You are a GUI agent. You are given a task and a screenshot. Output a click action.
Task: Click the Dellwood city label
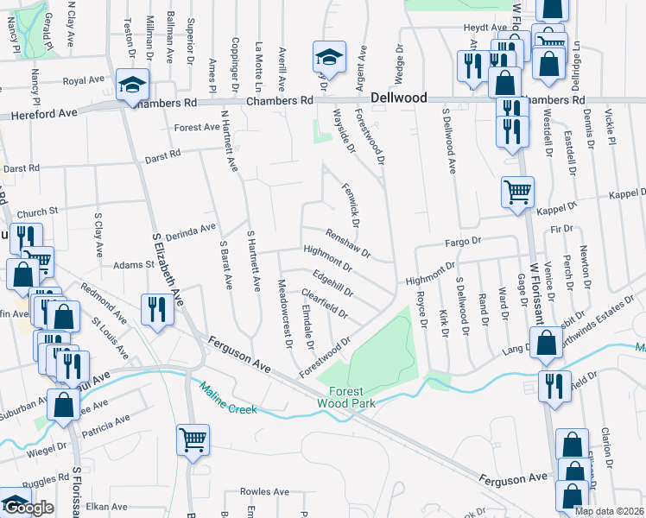click(x=399, y=98)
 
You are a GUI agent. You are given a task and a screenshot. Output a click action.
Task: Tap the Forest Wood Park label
click(x=345, y=396)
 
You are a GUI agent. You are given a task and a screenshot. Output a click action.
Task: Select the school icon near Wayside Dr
click(x=328, y=59)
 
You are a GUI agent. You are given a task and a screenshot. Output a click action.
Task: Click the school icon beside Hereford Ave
click(x=134, y=86)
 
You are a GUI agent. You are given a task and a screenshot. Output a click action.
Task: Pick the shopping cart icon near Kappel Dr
click(x=517, y=192)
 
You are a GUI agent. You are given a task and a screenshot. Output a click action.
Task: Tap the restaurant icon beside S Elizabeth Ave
click(x=156, y=309)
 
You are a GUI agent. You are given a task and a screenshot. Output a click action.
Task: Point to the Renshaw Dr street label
click(x=348, y=243)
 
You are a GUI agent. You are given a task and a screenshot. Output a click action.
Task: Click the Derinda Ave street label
click(x=190, y=231)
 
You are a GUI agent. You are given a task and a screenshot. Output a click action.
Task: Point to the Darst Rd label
click(x=22, y=167)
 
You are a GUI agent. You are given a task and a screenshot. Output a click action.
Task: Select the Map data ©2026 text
click(x=609, y=511)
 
